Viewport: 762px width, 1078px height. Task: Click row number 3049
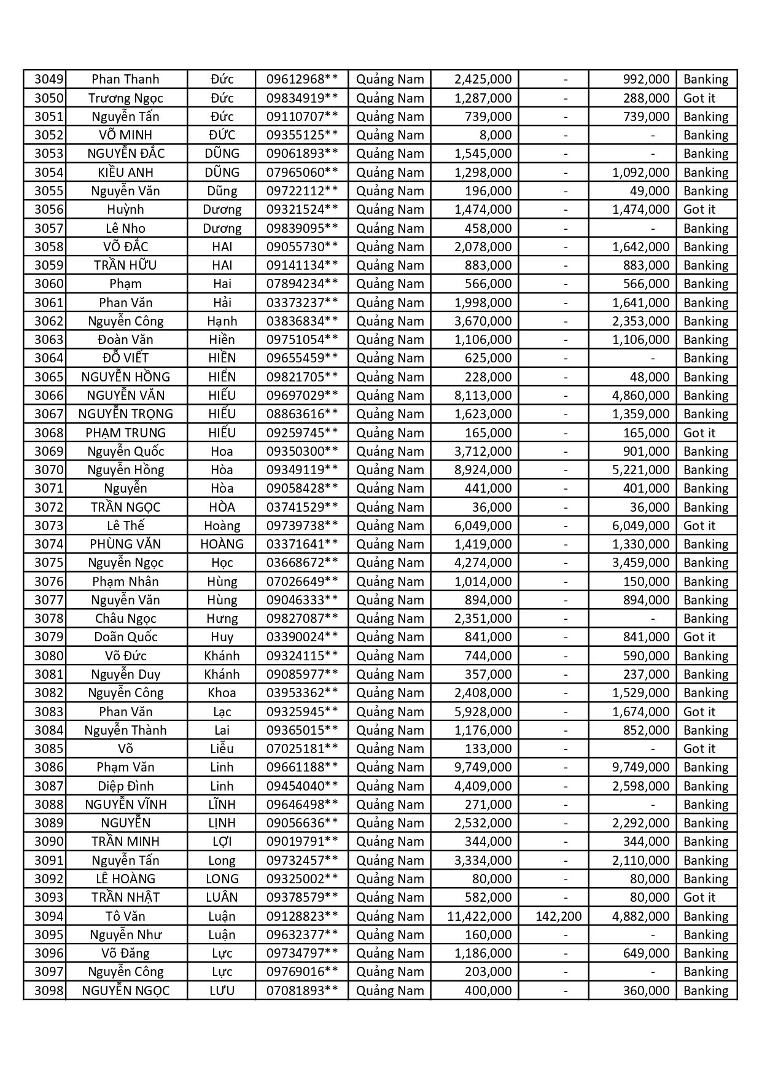(49, 79)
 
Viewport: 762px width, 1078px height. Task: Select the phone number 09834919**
(301, 98)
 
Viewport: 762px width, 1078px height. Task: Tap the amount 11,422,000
(479, 916)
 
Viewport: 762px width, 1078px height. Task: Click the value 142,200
(558, 916)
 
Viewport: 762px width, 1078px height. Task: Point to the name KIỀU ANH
(125, 173)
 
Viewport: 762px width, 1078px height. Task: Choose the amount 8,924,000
(483, 470)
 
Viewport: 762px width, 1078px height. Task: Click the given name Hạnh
(222, 321)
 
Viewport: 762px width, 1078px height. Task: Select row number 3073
(49, 526)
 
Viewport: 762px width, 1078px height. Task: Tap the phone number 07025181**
(301, 749)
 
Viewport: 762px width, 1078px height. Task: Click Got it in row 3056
(699, 209)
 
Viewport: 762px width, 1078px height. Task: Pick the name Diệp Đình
(125, 786)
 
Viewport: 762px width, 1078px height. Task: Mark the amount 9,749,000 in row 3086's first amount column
(483, 767)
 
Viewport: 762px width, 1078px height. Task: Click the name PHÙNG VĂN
(125, 544)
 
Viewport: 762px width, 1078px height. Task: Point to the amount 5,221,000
(640, 470)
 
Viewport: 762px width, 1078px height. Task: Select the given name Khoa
(222, 693)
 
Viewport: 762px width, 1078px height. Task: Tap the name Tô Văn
(125, 916)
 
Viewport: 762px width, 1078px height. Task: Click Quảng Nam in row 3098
(390, 991)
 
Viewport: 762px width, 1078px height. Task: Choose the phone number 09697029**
(301, 396)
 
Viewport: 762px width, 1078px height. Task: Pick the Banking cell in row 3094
(706, 916)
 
